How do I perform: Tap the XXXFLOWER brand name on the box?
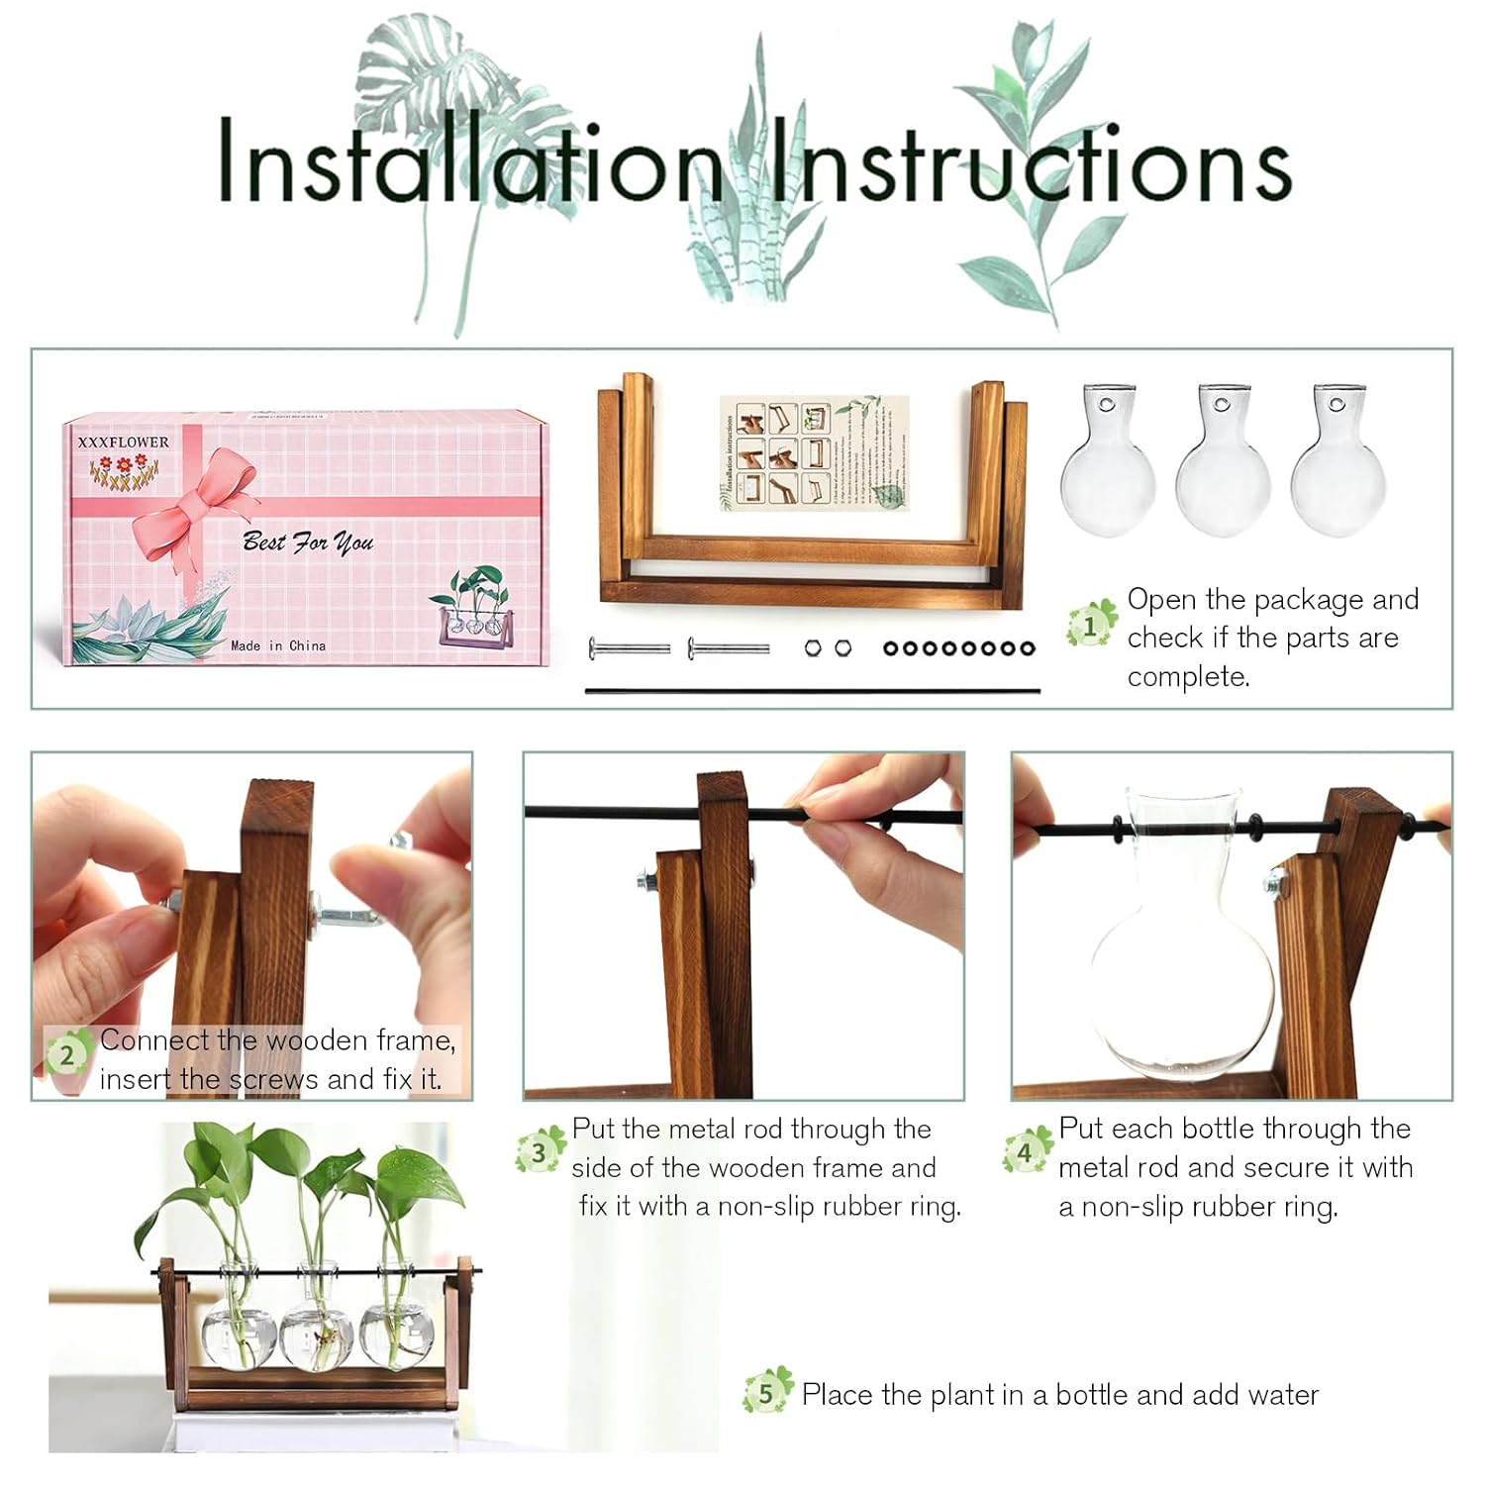coord(124,442)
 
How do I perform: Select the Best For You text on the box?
coord(308,542)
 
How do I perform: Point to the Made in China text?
coord(278,645)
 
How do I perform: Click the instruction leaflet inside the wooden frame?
coord(813,452)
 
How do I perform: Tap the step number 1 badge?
coord(1091,626)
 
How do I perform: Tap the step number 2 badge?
coord(67,1054)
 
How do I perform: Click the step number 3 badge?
coord(540,1152)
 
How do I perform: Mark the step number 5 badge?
coord(766,1393)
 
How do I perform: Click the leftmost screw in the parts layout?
coord(629,649)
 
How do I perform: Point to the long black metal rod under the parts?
coord(812,691)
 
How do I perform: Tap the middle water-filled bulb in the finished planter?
coord(318,1332)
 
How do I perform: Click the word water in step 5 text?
coord(1277,1395)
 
